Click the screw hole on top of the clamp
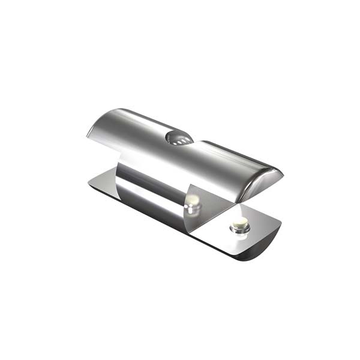coord(179,138)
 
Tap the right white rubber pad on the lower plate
coord(240,226)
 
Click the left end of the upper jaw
coord(96,127)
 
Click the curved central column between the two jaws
coord(150,186)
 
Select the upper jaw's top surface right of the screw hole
coord(228,159)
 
